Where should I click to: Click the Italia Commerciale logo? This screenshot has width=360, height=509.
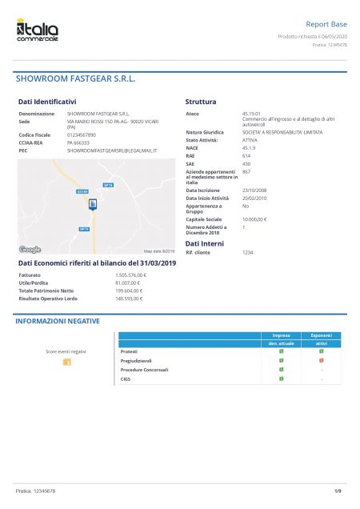tap(37, 31)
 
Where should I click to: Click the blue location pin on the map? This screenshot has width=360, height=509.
tap(93, 205)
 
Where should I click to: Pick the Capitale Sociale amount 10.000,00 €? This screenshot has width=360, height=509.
tap(254, 218)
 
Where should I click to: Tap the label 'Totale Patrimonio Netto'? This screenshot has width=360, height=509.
tap(46, 291)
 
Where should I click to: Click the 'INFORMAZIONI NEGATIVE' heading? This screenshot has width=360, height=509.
tap(58, 321)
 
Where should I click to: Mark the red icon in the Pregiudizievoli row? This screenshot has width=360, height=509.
tap(321, 361)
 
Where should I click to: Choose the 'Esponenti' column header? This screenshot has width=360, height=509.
tap(321, 335)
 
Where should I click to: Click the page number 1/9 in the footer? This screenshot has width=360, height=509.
tap(338, 490)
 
